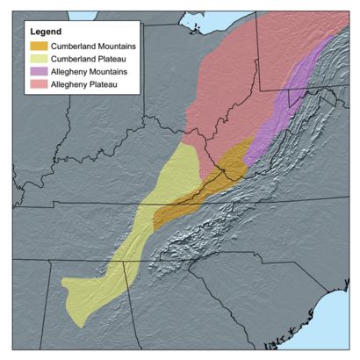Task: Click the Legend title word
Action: [x=45, y=32]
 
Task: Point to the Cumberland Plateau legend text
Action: [x=84, y=58]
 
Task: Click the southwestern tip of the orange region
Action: [x=155, y=227]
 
